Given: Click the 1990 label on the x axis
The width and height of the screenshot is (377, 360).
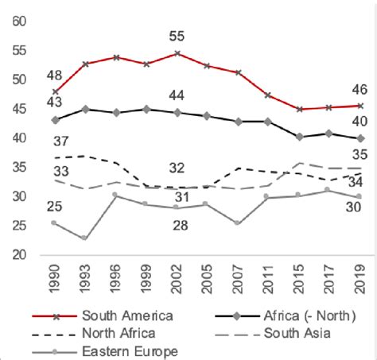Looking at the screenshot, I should pyautogui.click(x=54, y=277).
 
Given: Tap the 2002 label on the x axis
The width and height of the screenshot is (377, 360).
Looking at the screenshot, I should pyautogui.click(x=177, y=277).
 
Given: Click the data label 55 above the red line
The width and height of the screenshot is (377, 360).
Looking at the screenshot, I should pyautogui.click(x=177, y=36).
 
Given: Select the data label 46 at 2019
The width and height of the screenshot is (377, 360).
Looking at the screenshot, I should pyautogui.click(x=360, y=90).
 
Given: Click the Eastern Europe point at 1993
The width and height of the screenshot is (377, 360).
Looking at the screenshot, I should pyautogui.click(x=84, y=238).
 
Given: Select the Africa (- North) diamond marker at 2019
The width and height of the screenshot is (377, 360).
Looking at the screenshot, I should pyautogui.click(x=361, y=138).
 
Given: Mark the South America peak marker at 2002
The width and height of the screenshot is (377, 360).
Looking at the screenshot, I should pyautogui.click(x=177, y=53).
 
